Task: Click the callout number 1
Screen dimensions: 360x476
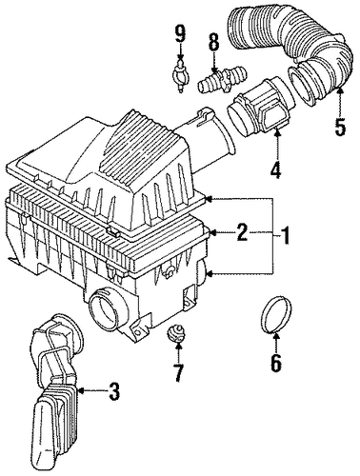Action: point(285,235)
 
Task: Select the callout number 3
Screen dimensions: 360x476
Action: point(113,391)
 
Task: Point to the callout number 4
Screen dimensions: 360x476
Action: point(276,169)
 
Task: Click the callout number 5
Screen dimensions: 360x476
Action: point(340,127)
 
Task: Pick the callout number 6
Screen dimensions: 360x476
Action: point(275,363)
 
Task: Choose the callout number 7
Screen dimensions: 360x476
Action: point(178,373)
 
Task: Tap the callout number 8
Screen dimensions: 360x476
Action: point(213,42)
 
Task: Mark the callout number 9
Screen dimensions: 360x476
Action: point(180,33)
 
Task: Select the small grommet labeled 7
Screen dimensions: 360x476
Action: point(175,335)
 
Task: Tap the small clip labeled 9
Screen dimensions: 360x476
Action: point(180,75)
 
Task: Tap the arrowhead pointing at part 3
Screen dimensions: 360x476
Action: point(80,391)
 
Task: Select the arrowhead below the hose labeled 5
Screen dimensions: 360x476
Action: point(340,90)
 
